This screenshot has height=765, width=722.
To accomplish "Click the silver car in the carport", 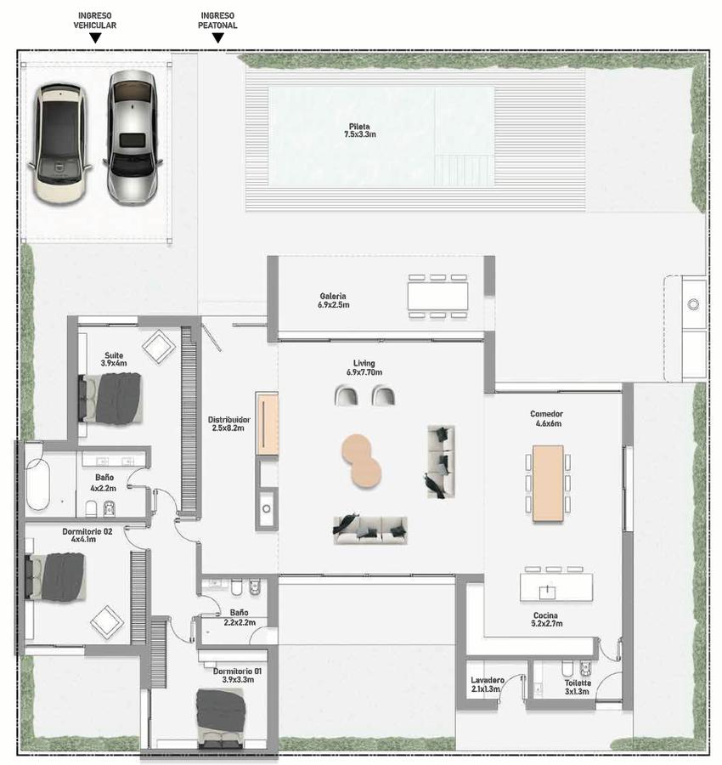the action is click(132, 138).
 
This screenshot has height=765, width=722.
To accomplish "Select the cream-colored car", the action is click(59, 144).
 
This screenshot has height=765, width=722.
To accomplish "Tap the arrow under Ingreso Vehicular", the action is click(95, 38).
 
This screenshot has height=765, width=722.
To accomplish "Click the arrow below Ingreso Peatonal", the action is click(218, 38).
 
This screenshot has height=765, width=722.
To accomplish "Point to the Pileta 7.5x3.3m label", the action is click(360, 130).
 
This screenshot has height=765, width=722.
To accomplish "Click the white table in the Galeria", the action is click(437, 296).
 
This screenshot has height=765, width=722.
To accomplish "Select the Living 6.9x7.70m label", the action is click(364, 368).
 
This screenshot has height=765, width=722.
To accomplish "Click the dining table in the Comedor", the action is click(548, 483).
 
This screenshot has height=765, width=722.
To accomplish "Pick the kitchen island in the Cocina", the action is click(556, 586).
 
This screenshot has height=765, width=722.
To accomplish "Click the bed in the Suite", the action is click(110, 399).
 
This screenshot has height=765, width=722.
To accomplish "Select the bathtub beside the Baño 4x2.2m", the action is click(38, 483).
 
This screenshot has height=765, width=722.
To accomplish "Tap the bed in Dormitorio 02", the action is click(55, 576).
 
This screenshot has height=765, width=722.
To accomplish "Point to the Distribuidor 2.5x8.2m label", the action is click(228, 423).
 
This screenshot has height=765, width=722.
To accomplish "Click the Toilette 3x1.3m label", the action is click(578, 688).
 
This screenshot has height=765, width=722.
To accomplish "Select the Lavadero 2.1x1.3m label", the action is click(487, 684).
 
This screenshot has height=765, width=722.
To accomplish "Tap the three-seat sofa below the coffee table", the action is click(370, 530).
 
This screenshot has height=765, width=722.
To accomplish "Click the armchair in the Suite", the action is click(159, 346).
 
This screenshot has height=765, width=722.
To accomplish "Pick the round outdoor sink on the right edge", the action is click(693, 304).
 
